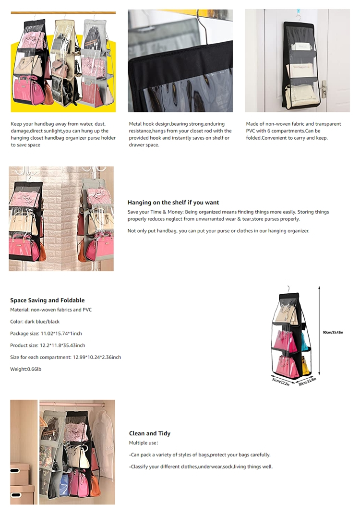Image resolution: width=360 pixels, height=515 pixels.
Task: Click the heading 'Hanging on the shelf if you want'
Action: (173, 203)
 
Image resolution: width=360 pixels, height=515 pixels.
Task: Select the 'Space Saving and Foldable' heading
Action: (47, 300)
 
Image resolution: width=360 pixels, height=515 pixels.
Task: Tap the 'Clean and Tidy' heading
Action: (149, 433)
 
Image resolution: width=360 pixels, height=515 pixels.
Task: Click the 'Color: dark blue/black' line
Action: (35, 322)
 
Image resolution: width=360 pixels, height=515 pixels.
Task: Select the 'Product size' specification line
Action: (48, 346)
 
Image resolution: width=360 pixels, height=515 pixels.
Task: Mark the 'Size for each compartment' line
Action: (65, 357)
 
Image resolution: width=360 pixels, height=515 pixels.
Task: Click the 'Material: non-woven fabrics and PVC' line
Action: (50, 310)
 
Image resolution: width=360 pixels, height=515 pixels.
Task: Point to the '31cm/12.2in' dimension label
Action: (281, 382)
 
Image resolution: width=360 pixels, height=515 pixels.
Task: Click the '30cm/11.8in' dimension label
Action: (308, 382)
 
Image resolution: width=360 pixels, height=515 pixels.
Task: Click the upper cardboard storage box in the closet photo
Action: (20, 473)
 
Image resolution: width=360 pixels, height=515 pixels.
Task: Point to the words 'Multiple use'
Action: (143, 443)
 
